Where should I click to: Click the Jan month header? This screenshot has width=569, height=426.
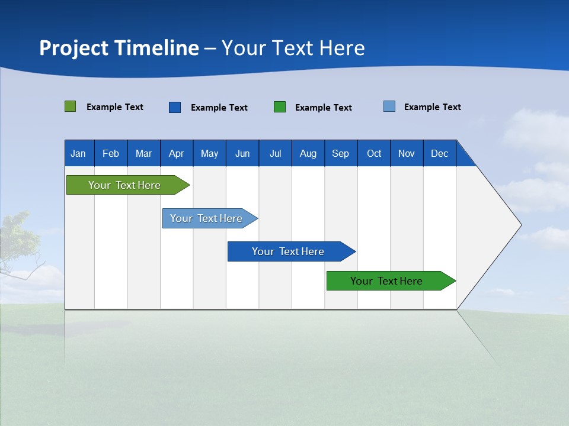pos(79,153)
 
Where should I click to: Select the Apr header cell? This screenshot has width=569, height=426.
pos(177,153)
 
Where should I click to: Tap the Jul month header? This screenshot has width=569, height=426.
pos(275,153)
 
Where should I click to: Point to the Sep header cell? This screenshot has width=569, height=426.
pos(341,153)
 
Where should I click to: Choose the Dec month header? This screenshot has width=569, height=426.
pos(439,153)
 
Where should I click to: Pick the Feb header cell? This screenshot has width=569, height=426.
pos(111,153)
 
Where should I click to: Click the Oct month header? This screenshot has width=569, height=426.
pos(374,153)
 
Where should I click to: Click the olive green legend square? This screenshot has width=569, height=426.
pos(70,106)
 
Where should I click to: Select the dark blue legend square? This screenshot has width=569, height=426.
pos(175,107)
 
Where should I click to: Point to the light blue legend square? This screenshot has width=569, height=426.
pos(389,106)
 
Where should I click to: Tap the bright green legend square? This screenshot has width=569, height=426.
pos(280,107)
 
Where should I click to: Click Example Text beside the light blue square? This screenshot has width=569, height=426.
pos(432,107)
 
